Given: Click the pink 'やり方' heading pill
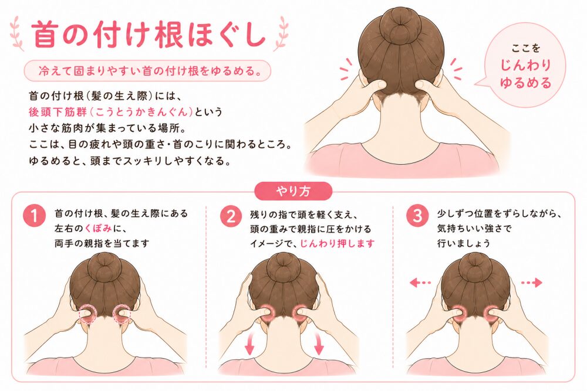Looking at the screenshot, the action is coord(293,191).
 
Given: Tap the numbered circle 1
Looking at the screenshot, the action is coord(35,216).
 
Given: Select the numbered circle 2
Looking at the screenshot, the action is coord(231,216).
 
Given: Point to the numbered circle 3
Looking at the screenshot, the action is coord(418,216).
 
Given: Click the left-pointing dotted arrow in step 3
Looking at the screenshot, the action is coord(421,283).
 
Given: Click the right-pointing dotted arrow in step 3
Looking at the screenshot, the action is coord(532,283).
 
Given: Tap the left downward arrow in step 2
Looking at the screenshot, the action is coord(249,344).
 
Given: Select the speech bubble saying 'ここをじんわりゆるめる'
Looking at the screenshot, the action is coord(524,66).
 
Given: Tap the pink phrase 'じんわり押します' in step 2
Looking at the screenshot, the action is coord(338,244).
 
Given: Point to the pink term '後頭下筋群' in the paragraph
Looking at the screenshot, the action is coord(58,112).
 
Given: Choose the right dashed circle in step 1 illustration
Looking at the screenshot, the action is coord(122,313).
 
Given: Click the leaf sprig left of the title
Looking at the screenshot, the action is coord(17,33).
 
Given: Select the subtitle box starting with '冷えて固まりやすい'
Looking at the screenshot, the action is coord(147,71).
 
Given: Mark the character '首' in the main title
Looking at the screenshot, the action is coord(45,34).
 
